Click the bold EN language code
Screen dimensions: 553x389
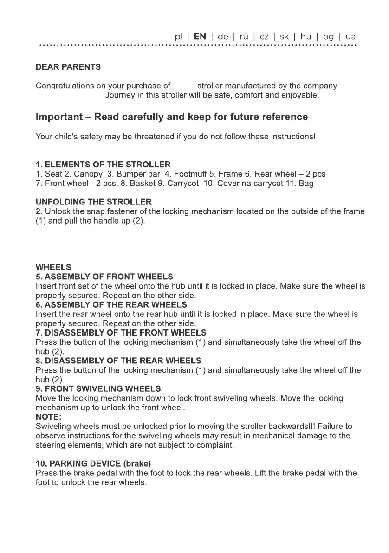pos(200,36)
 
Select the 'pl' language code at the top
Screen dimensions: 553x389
pos(179,36)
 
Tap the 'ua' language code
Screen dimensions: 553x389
pos(350,36)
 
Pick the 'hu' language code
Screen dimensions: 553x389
pos(306,36)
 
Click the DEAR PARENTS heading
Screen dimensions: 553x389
pos(68,67)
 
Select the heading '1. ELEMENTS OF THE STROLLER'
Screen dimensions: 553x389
pos(103,165)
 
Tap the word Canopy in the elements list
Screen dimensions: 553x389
pos(88,174)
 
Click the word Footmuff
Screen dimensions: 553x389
pos(190,174)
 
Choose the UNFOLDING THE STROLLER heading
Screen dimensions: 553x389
pos(94,202)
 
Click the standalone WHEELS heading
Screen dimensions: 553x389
pos(53,267)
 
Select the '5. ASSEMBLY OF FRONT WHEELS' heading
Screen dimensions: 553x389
pos(104,276)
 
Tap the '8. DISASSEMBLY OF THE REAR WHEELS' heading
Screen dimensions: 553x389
pos(118,361)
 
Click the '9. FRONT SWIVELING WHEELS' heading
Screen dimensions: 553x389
pos(98,388)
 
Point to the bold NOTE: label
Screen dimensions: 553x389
pos(49,417)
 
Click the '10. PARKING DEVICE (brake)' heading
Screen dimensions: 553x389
pos(94,463)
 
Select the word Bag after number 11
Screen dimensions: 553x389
pos(306,184)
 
